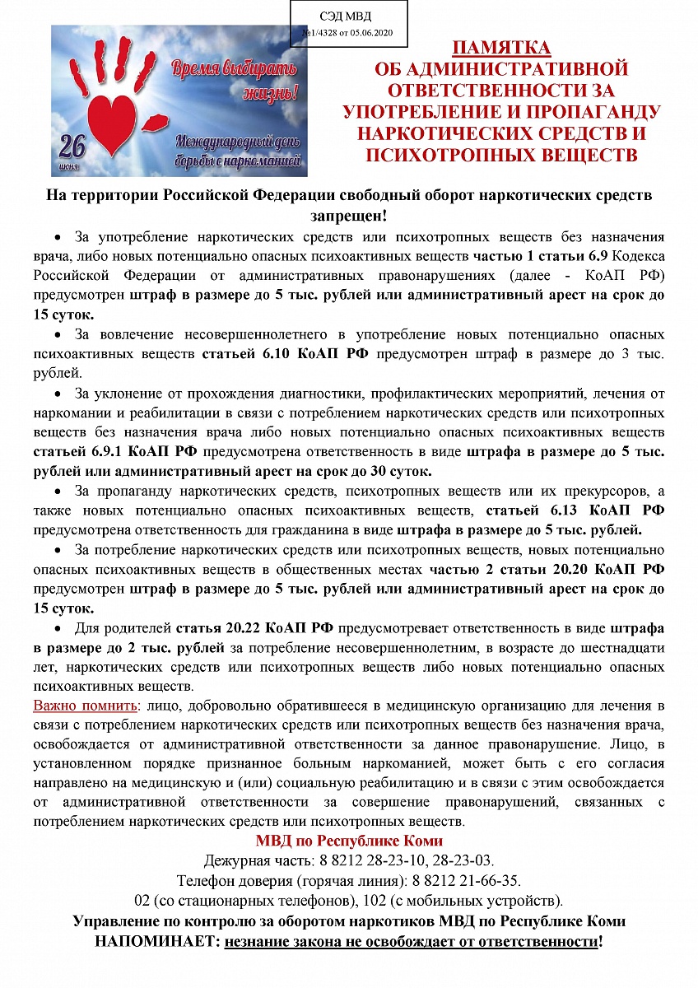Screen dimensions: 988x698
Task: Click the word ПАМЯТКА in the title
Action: click(x=501, y=47)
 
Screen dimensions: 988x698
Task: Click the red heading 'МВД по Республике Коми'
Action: click(x=349, y=841)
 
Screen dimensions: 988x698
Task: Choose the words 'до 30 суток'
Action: click(x=393, y=471)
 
